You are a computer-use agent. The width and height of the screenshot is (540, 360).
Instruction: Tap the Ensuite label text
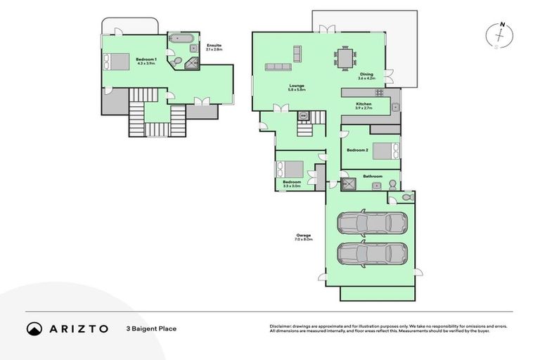[214, 46]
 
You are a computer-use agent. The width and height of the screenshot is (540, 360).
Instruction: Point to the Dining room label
[366, 76]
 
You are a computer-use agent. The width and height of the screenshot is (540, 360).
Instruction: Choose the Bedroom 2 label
[357, 150]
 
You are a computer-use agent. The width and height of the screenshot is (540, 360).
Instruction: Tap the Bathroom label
[372, 176]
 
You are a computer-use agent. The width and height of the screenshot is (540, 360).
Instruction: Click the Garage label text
[304, 237]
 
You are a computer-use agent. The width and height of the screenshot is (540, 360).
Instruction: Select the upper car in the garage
[364, 223]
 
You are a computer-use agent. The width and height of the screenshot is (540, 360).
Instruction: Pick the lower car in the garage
[364, 252]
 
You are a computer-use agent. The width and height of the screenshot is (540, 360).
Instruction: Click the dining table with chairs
[345, 57]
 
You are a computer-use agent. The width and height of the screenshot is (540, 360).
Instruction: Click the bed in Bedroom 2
[385, 150]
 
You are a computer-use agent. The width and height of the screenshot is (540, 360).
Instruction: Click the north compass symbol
[500, 36]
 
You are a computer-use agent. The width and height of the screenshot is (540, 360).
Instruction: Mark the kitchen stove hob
[379, 92]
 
